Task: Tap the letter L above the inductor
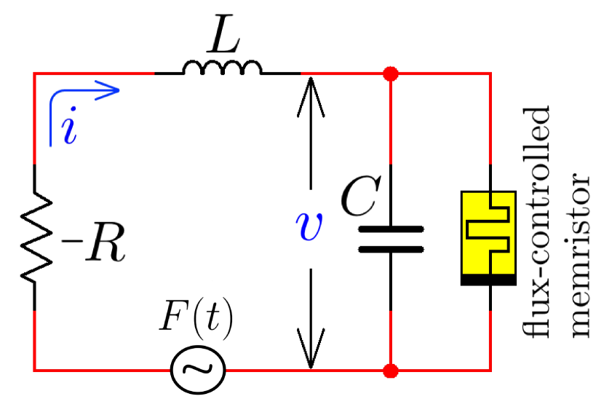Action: (x=221, y=43)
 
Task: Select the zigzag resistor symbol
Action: (x=34, y=237)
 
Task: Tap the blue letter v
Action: (x=311, y=228)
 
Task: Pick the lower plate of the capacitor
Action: (x=391, y=248)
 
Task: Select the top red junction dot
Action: (x=392, y=74)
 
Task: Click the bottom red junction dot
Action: (x=392, y=371)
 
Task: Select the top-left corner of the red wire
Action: (x=35, y=74)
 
